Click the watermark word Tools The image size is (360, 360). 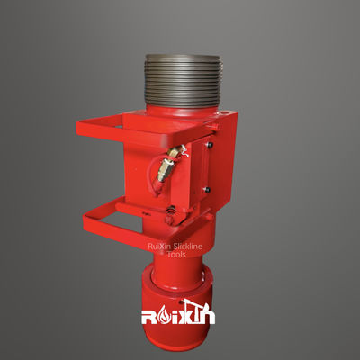175,254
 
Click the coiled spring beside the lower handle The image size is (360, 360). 168,212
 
